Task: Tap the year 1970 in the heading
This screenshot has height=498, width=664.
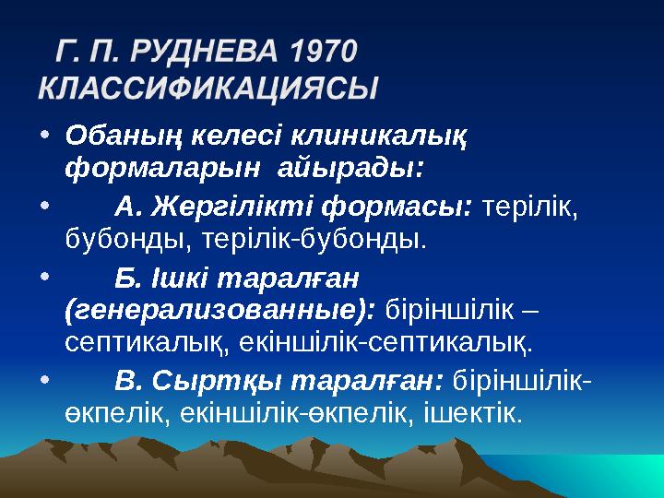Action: (323, 53)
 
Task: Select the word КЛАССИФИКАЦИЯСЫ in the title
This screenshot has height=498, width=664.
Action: (208, 89)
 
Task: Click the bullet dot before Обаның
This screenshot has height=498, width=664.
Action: (46, 137)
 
